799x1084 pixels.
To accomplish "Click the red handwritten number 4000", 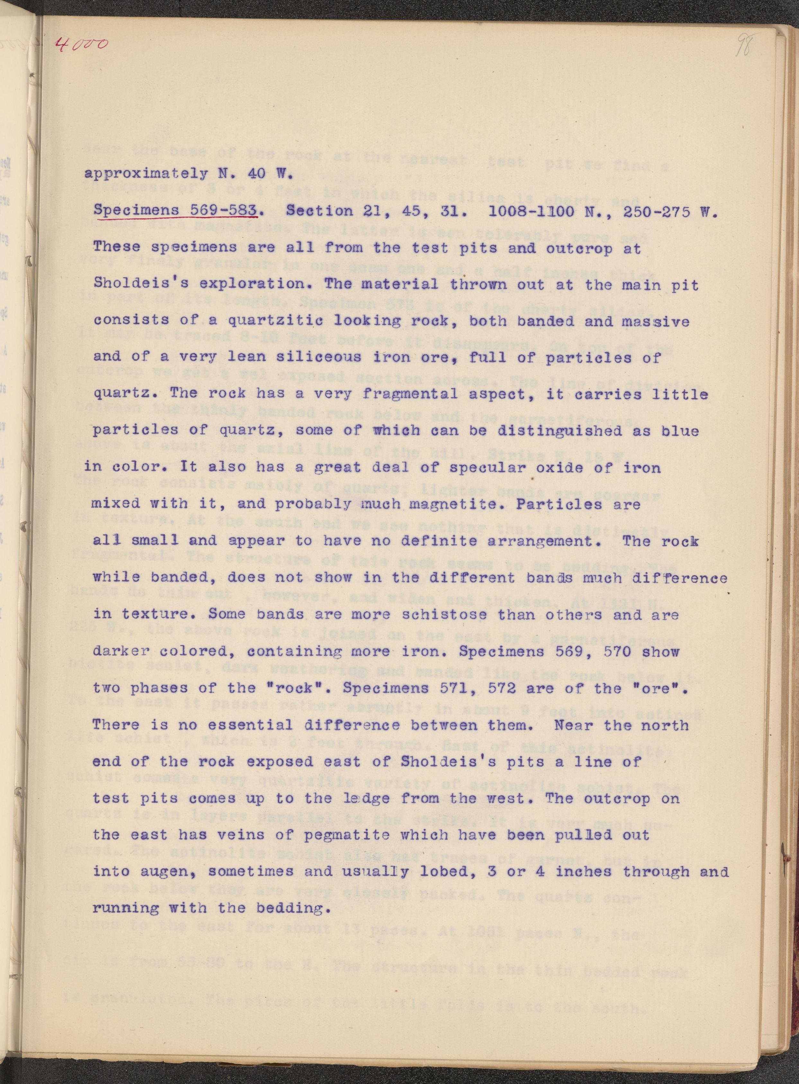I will [x=81, y=45].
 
